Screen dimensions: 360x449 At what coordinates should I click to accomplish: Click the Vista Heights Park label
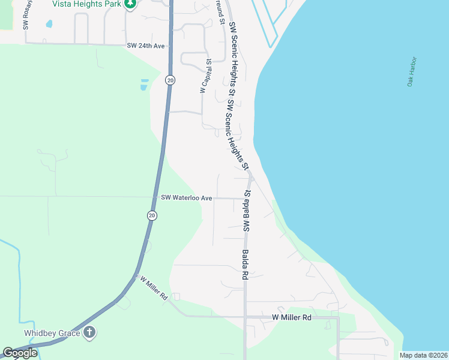(x=86, y=4)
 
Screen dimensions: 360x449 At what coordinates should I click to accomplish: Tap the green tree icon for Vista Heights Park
(x=130, y=4)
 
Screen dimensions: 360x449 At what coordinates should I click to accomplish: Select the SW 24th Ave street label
(x=145, y=46)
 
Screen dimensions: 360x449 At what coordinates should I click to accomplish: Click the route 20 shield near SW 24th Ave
(x=170, y=80)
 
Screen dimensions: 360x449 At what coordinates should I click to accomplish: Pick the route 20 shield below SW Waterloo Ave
(x=152, y=215)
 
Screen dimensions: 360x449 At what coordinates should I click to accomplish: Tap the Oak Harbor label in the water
(x=412, y=71)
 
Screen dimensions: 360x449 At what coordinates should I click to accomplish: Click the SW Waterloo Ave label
(x=187, y=197)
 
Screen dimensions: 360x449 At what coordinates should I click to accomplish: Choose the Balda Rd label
(x=245, y=265)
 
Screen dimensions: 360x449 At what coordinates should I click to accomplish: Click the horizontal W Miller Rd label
(x=292, y=317)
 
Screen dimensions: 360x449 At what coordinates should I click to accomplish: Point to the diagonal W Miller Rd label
(x=153, y=287)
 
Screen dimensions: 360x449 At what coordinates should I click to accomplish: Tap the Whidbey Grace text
(x=52, y=332)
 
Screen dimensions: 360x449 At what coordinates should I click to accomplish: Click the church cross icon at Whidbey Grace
(x=89, y=332)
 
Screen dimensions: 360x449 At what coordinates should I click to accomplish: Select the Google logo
(x=20, y=353)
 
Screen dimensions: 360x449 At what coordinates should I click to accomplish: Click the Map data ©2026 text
(x=423, y=355)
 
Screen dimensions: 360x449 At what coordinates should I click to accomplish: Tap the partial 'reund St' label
(x=221, y=13)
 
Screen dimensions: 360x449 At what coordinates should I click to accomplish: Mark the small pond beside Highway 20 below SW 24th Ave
(x=144, y=85)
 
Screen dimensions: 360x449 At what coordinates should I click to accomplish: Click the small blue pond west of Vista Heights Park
(x=49, y=25)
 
